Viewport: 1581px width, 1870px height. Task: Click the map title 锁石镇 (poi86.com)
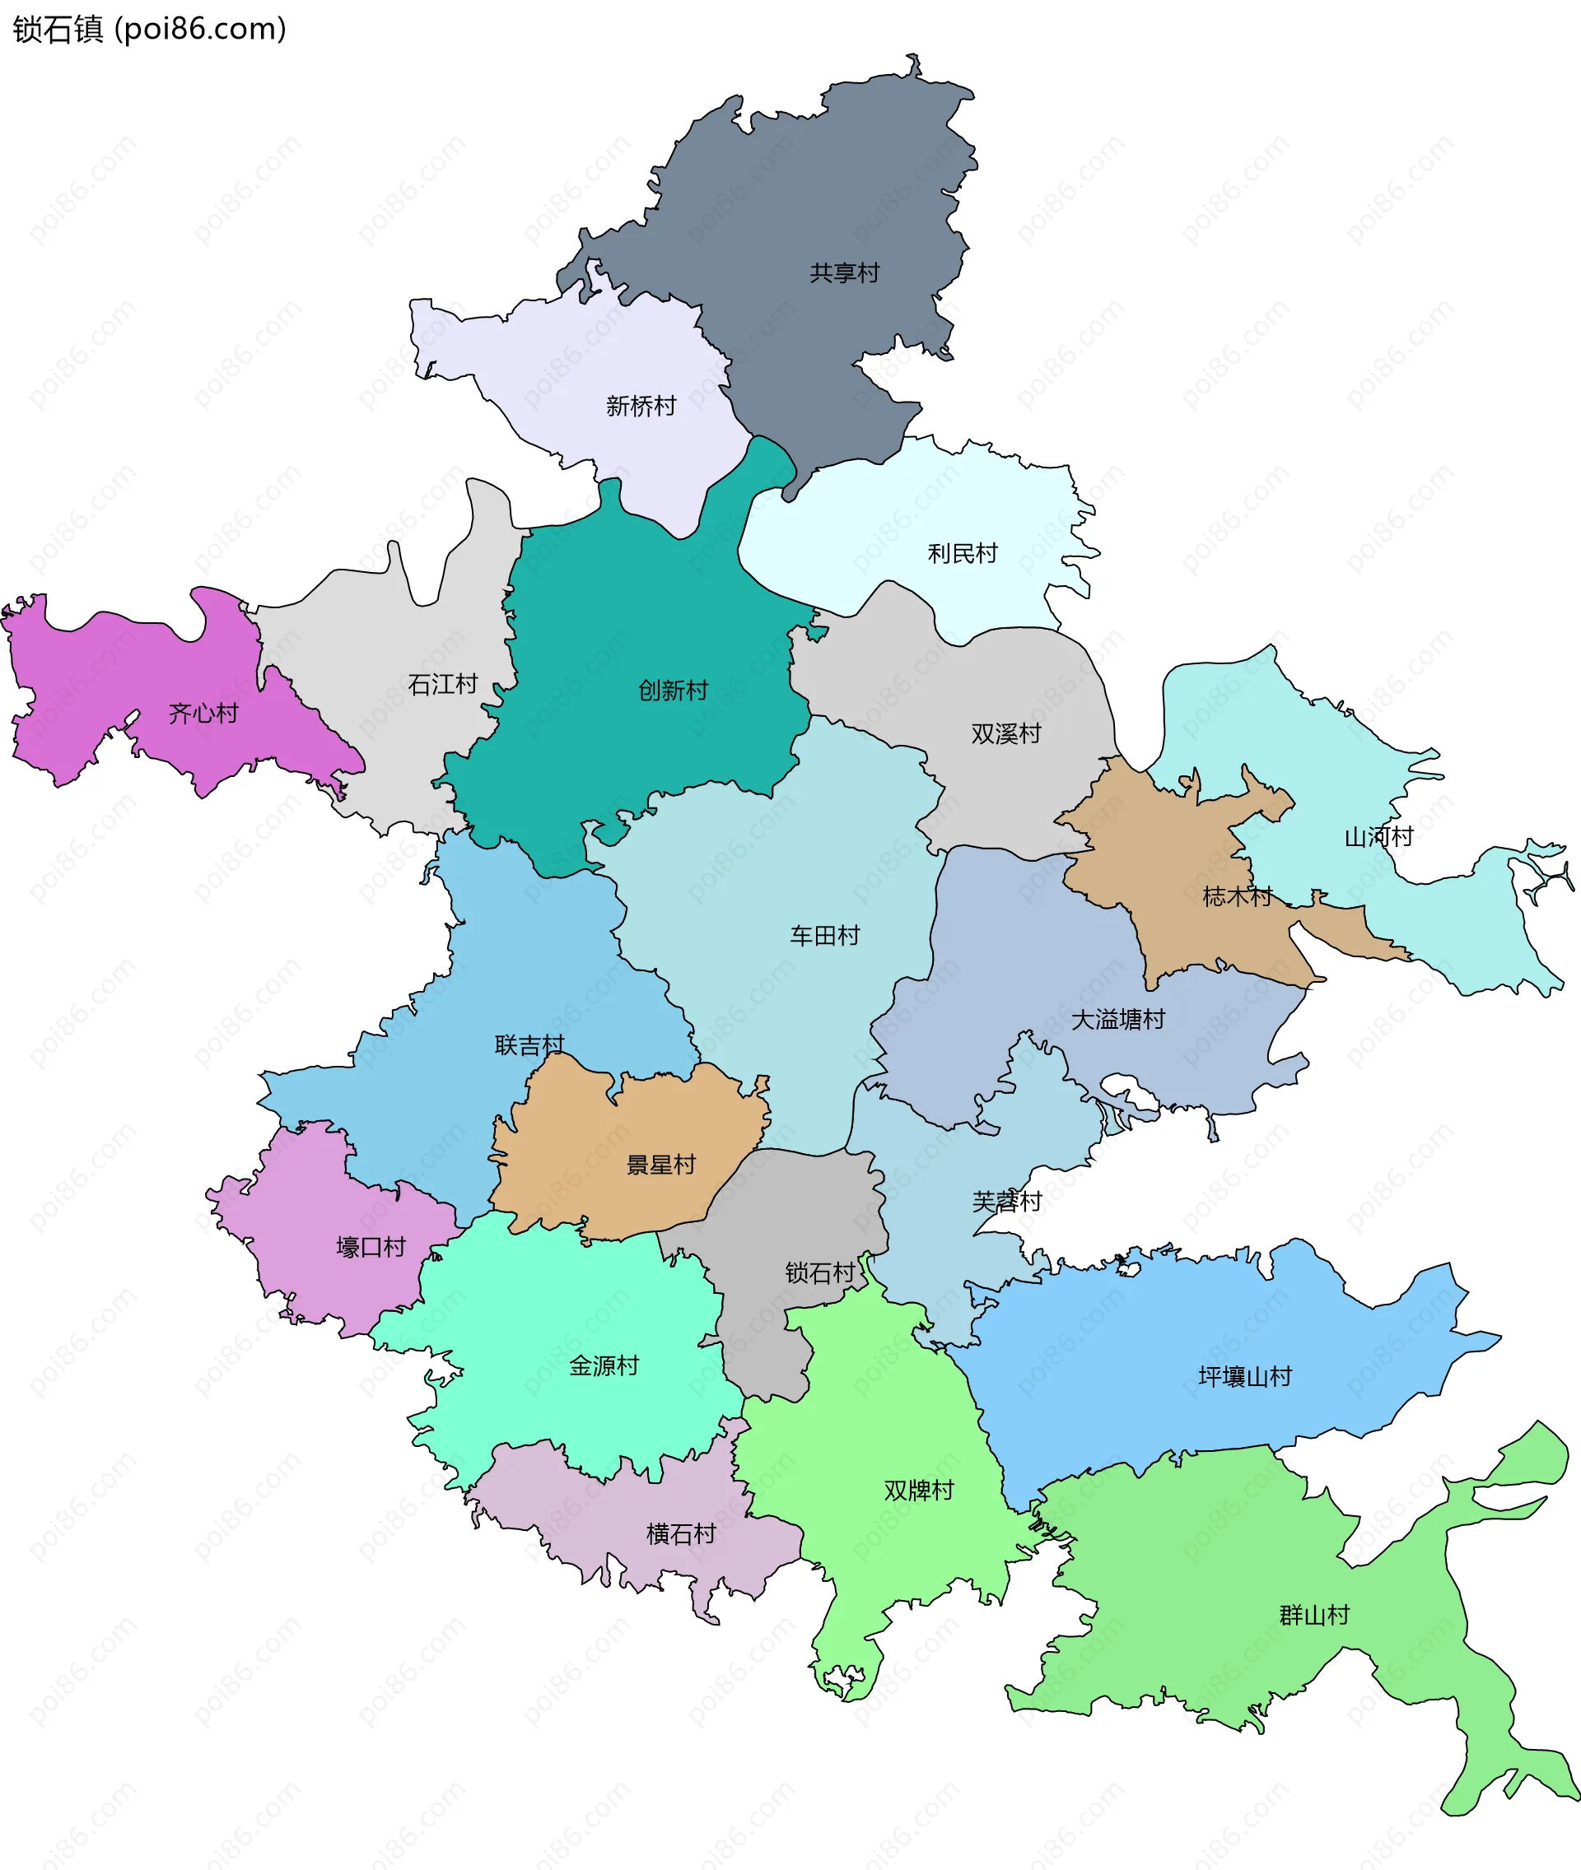[150, 30]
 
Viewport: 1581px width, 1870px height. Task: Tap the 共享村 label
[844, 272]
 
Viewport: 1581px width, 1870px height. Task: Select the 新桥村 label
[641, 406]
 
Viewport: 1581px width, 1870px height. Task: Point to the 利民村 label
[963, 554]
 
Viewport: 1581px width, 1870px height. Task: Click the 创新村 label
[673, 690]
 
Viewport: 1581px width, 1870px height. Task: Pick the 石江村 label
[443, 685]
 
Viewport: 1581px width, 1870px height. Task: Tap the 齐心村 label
[203, 714]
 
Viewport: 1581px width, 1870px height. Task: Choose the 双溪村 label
[1005, 734]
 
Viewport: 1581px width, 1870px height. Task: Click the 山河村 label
[1378, 837]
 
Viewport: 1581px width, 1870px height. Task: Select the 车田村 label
[824, 936]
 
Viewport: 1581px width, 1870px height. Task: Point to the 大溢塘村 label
[1117, 1020]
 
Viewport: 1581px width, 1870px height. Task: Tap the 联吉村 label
[529, 1044]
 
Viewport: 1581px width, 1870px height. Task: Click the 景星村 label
[660, 1165]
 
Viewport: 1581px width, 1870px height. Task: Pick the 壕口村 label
[371, 1246]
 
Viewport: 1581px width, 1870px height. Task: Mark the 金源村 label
[604, 1365]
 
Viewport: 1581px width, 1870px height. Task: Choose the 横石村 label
[681, 1534]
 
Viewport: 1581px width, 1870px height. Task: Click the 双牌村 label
[919, 1490]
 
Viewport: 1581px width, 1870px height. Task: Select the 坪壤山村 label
[1245, 1376]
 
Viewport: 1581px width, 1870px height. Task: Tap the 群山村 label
[1314, 1615]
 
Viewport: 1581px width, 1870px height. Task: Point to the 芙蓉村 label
[1006, 1202]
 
